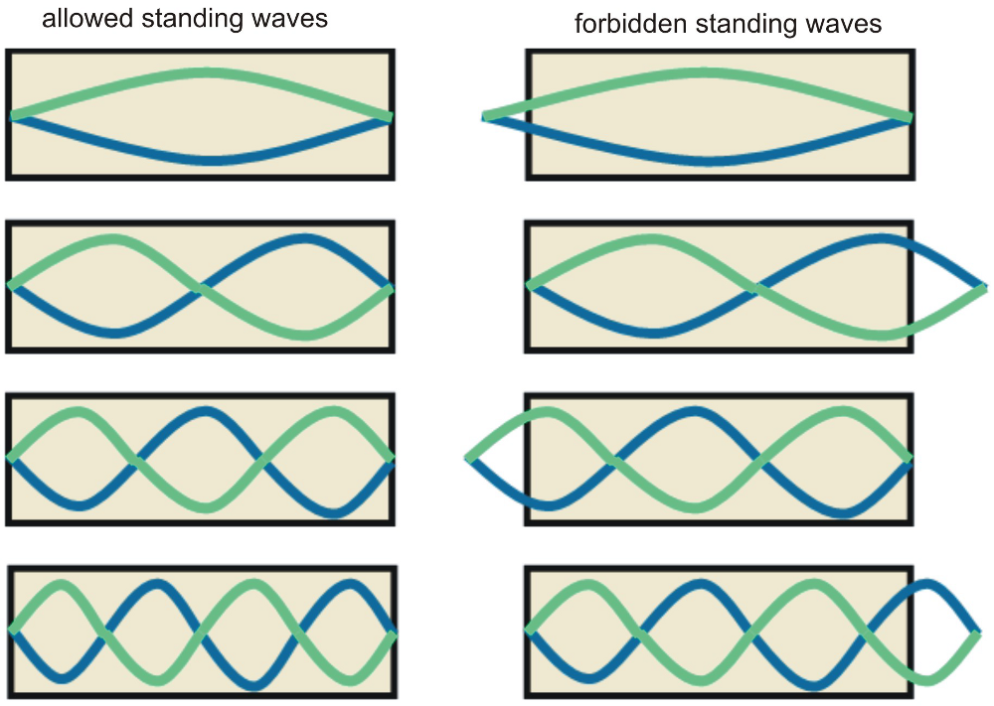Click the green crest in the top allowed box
coord(206,72)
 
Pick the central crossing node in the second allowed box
coord(202,289)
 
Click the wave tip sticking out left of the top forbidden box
coord(486,117)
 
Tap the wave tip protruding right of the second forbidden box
coord(978,286)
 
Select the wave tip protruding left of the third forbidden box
coord(469,458)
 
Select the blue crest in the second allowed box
coord(303,239)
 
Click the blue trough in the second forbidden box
coord(651,333)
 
